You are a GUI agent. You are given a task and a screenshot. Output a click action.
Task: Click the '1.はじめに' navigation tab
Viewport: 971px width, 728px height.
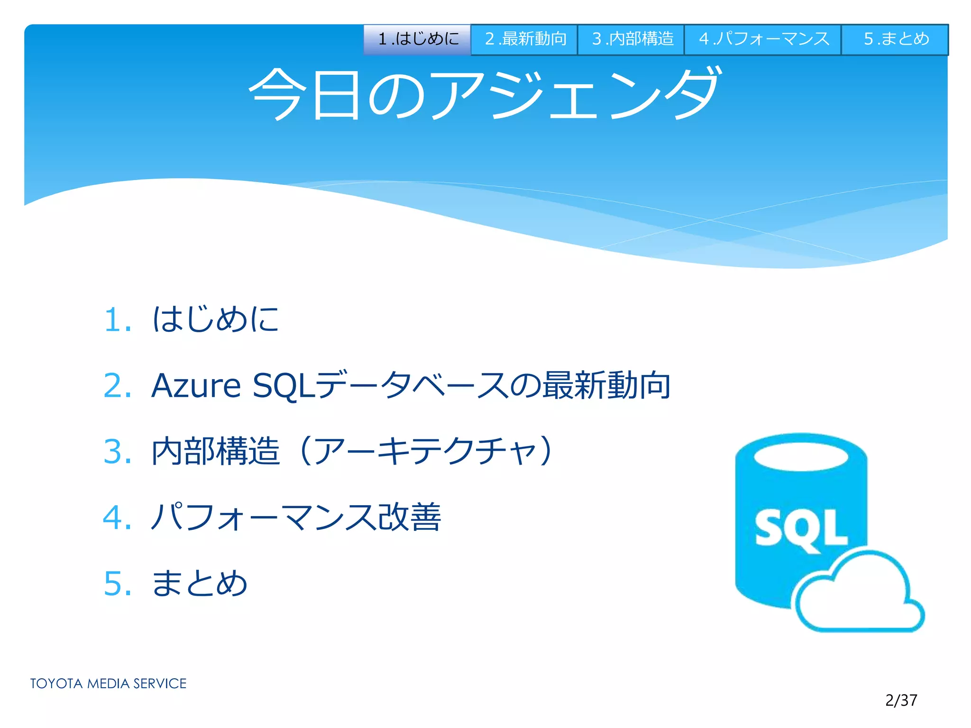point(417,39)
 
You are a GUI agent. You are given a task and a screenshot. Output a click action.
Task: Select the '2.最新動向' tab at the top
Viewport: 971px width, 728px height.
point(524,39)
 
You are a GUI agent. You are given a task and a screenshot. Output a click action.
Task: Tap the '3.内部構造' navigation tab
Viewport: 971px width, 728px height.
point(631,39)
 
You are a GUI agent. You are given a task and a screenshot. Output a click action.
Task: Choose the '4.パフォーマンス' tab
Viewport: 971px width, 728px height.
point(763,39)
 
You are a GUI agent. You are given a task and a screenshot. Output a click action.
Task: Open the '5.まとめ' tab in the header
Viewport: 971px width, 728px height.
point(895,39)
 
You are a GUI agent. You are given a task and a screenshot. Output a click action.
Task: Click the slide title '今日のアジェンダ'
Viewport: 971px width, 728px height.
point(485,93)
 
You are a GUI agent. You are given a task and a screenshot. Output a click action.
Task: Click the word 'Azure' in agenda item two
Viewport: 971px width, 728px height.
point(196,385)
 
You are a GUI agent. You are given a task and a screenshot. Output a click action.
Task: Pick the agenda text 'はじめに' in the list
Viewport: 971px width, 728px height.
point(216,318)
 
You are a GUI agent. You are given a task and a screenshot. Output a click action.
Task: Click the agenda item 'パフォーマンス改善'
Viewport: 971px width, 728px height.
point(296,517)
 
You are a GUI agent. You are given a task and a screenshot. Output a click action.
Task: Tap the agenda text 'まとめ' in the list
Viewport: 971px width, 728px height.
point(200,583)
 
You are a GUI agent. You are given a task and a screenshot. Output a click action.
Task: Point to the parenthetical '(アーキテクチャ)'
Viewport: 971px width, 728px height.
point(427,451)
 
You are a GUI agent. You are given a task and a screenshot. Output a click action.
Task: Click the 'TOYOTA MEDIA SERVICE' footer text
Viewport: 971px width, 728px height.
point(108,683)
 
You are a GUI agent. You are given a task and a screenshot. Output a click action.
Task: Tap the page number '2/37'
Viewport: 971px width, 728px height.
point(901,700)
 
